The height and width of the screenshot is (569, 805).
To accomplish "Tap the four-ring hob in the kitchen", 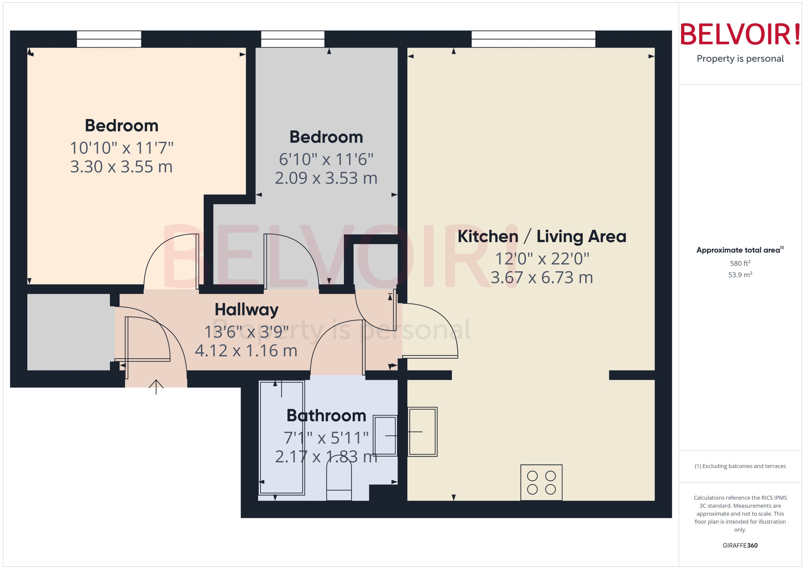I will [x=541, y=482].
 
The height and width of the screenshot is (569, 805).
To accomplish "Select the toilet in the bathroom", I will [x=339, y=482].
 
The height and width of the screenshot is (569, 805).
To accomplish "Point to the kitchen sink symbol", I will [x=422, y=432].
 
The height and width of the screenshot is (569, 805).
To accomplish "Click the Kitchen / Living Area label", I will [x=542, y=237].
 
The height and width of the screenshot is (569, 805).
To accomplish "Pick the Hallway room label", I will [x=247, y=310].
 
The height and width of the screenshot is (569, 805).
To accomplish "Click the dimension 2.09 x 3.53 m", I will [x=326, y=178].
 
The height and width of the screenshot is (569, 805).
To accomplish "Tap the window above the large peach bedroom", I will [x=109, y=39].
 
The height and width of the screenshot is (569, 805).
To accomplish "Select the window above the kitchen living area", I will [x=533, y=39].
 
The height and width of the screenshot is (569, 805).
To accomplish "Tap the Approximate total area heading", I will [x=738, y=250].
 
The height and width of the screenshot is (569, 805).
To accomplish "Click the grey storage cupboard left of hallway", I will [x=69, y=332].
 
